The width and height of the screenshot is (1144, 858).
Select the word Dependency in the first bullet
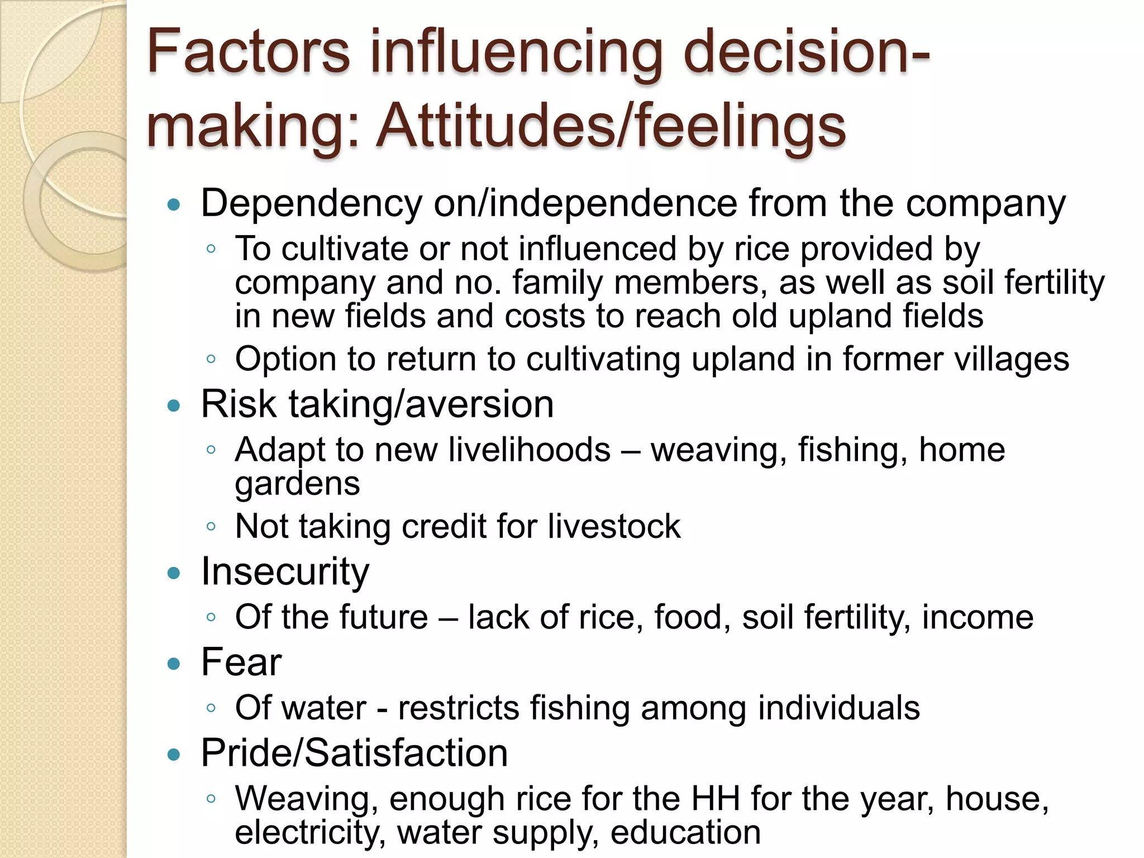click(311, 203)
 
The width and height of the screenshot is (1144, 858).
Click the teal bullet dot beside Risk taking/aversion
click(174, 405)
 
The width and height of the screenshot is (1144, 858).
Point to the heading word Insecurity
click(285, 571)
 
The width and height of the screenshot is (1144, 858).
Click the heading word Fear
click(241, 662)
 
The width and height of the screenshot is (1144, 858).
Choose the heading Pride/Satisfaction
click(354, 753)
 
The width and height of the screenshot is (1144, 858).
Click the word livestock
click(614, 526)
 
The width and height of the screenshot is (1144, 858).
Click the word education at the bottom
click(685, 832)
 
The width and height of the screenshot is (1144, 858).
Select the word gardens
click(297, 484)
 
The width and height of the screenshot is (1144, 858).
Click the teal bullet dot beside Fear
click(174, 664)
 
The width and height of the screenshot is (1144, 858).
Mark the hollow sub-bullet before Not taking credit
click(211, 526)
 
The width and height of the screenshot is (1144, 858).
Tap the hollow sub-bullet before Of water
click(211, 708)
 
